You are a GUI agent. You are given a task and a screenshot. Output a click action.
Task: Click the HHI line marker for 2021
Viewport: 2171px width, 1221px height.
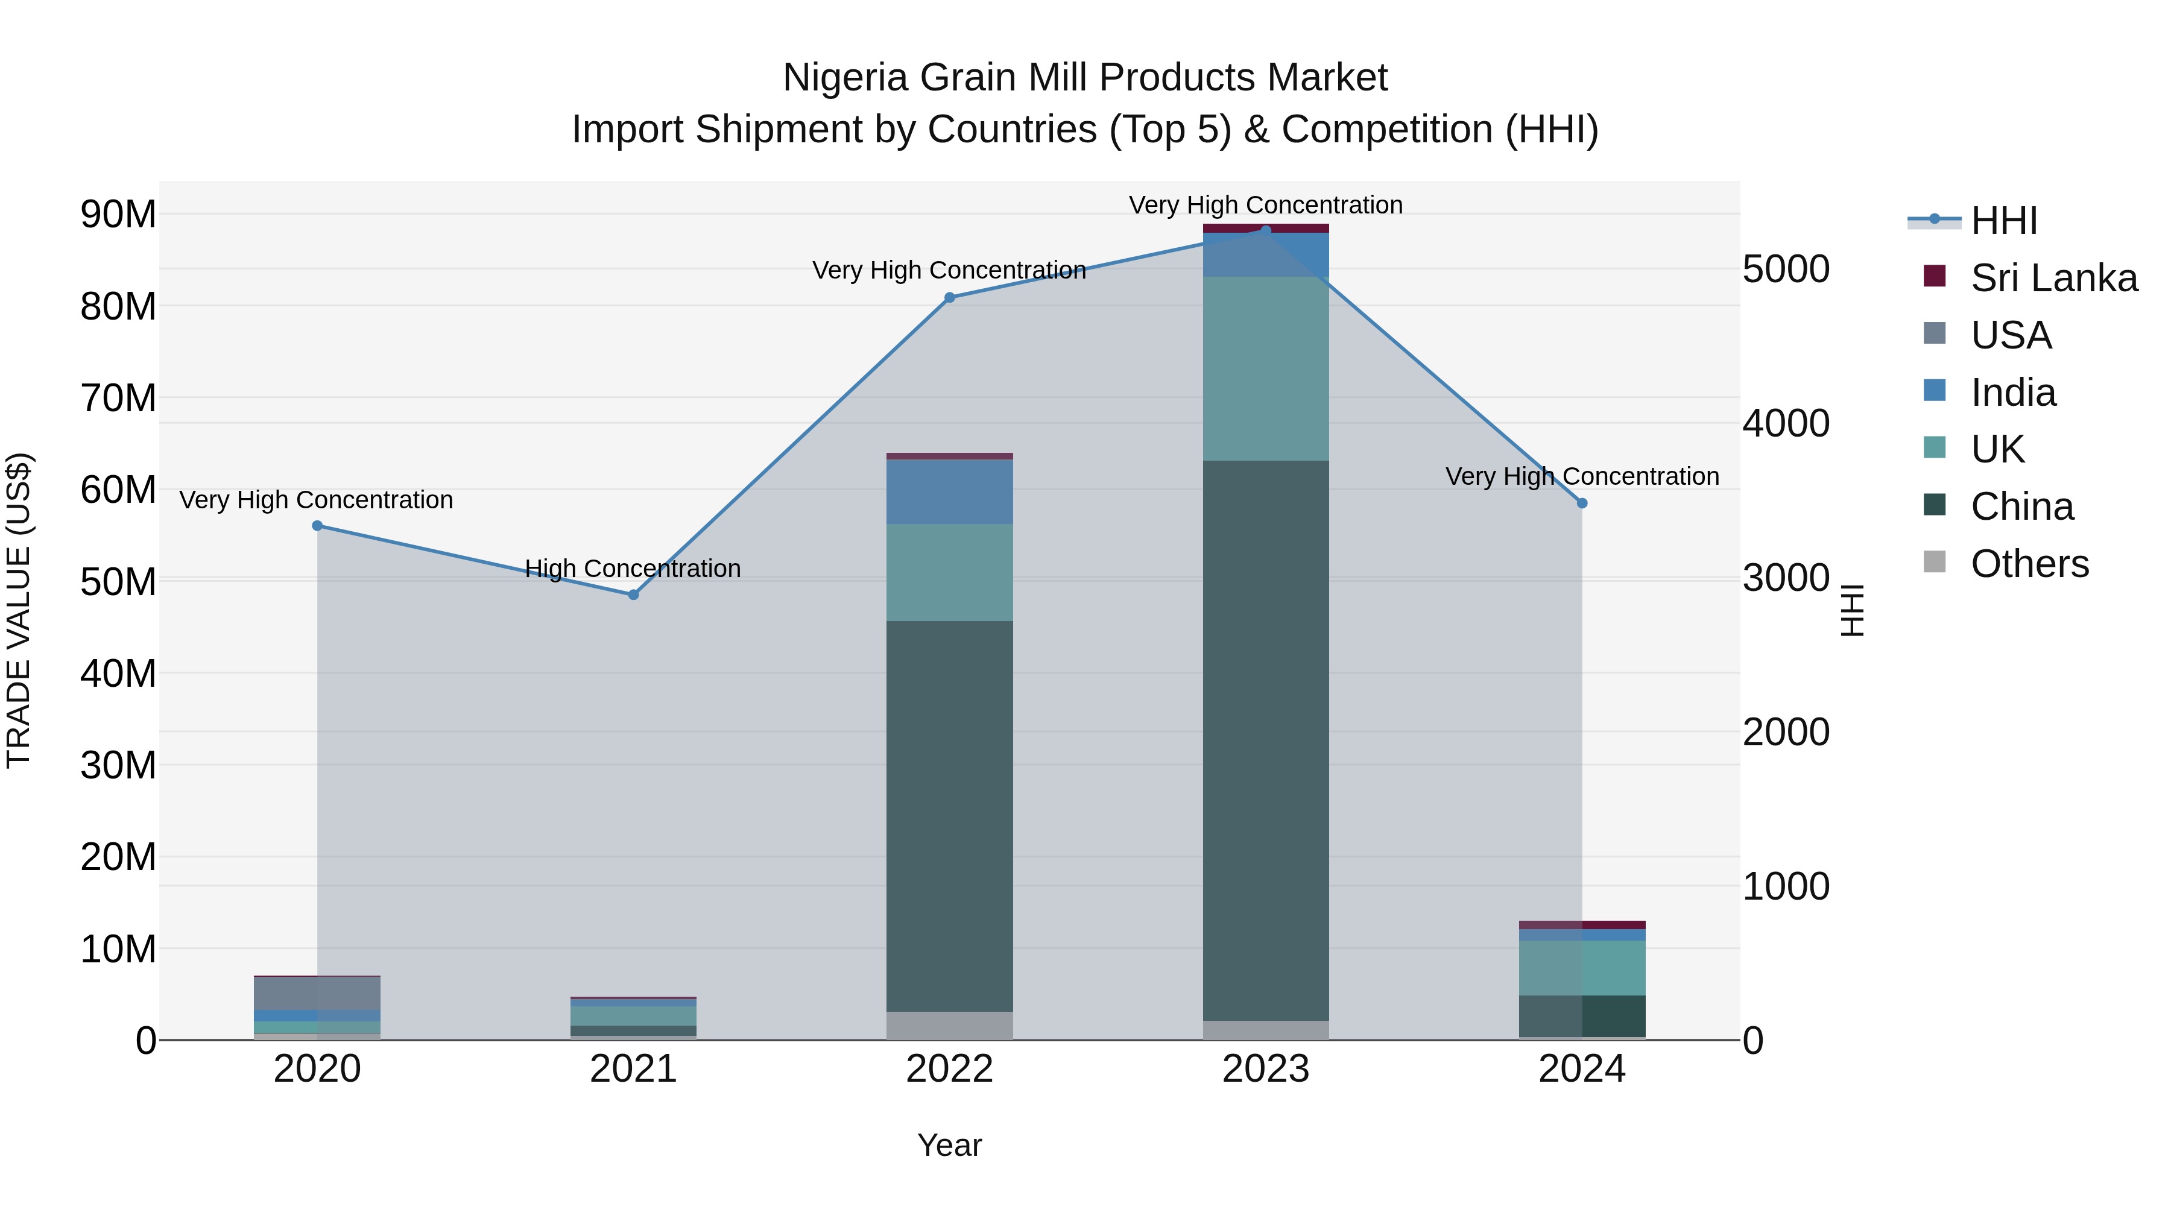(634, 595)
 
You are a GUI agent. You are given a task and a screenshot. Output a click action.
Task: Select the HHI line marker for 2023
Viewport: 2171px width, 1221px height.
(1265, 230)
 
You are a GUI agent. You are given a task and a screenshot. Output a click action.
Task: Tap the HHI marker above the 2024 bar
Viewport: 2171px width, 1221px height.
(1582, 503)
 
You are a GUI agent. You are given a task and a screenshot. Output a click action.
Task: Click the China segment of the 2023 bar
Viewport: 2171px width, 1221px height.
(1265, 742)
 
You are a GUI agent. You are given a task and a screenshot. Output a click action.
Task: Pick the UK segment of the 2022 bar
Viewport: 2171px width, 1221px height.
(949, 573)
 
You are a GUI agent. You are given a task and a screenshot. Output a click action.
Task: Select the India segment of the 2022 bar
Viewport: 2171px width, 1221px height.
(949, 492)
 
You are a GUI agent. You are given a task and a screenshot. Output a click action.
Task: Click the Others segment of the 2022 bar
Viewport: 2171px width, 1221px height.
(949, 1026)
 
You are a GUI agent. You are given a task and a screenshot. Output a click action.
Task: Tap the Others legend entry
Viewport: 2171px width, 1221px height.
(2029, 564)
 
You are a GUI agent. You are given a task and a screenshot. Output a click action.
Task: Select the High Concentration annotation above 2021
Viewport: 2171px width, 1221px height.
(633, 569)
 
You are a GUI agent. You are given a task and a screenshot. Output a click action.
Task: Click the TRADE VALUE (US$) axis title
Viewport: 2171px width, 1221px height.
(19, 610)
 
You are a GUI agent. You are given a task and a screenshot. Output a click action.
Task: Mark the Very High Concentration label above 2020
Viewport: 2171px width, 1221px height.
(316, 500)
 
